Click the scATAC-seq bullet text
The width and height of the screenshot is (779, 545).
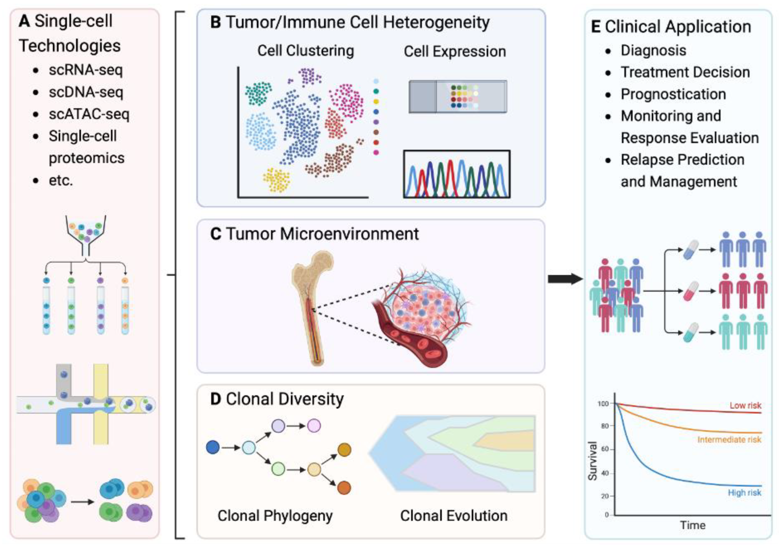tap(89, 114)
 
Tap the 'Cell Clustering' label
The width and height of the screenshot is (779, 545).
tap(305, 51)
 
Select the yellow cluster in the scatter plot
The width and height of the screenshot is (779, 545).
tap(277, 180)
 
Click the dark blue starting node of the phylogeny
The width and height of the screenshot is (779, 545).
tap(213, 447)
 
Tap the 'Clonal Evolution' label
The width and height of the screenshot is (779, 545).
tap(454, 515)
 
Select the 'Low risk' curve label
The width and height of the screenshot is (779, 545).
tap(745, 405)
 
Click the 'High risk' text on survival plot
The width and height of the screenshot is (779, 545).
tap(744, 492)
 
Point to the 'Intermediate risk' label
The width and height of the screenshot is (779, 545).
tap(729, 440)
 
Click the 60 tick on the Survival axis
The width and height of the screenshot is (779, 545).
tap(605, 449)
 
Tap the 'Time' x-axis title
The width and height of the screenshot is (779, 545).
tap(693, 525)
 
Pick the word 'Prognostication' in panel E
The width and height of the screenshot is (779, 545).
tap(673, 94)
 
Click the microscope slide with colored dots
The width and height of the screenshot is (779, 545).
tap(458, 97)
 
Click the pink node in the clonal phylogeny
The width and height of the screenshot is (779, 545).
tap(314, 425)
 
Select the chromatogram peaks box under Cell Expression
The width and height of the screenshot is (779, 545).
tap(457, 174)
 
